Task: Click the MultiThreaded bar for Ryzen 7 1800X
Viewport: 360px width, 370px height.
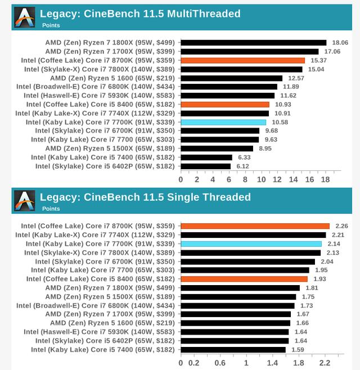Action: click(x=253, y=42)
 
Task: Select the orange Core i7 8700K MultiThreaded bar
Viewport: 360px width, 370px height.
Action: click(x=242, y=60)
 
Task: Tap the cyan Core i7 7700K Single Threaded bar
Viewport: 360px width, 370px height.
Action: click(x=251, y=243)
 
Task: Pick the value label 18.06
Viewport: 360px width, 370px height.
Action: click(x=340, y=42)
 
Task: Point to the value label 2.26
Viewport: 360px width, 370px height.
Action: click(x=342, y=226)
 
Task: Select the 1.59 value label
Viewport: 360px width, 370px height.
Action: click(x=298, y=349)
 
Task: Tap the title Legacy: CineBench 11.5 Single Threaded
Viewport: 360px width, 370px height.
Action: click(x=145, y=197)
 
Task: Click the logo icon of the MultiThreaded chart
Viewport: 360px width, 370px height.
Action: click(x=25, y=17)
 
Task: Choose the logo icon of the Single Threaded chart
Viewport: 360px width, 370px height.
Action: click(x=25, y=201)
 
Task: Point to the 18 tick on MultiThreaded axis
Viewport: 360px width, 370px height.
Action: click(x=325, y=179)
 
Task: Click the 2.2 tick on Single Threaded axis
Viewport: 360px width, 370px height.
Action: click(x=325, y=363)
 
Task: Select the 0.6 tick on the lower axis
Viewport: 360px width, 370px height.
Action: click(x=220, y=363)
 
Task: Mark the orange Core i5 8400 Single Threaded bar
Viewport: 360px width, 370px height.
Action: click(x=244, y=279)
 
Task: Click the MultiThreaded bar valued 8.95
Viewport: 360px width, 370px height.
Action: click(x=217, y=148)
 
